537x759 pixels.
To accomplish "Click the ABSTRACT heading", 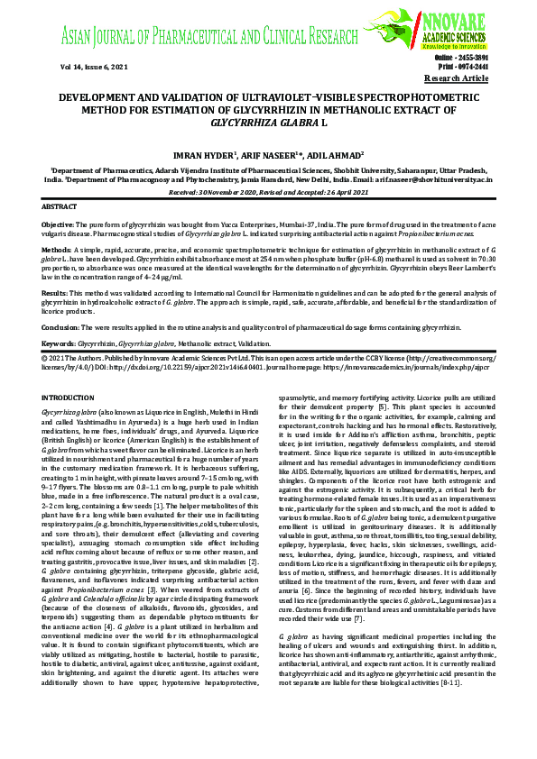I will tap(60, 206).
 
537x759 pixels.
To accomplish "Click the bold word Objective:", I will tap(59, 223).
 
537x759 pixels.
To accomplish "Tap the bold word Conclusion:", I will tap(62, 326).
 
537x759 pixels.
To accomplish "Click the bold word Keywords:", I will tap(60, 343).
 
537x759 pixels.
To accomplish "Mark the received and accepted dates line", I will tap(268, 192).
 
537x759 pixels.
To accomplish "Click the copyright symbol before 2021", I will tap(46, 358).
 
